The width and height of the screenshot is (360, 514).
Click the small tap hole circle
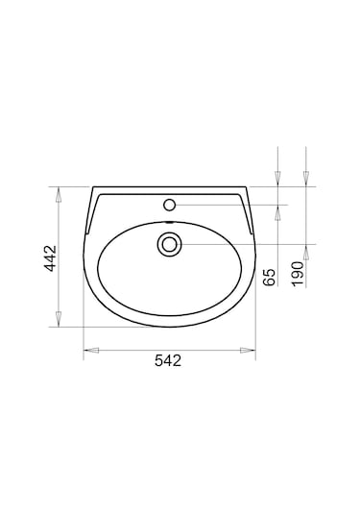(170, 204)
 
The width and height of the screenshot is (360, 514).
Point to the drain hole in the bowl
(170, 244)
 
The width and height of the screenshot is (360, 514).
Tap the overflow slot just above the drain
(170, 225)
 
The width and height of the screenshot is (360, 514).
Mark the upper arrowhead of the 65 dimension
(277, 178)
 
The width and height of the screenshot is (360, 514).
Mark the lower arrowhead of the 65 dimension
(277, 211)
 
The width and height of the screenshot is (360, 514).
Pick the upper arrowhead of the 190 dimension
(305, 178)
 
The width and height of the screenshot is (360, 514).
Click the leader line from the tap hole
(230, 205)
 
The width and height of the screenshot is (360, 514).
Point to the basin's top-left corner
(94, 187)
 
